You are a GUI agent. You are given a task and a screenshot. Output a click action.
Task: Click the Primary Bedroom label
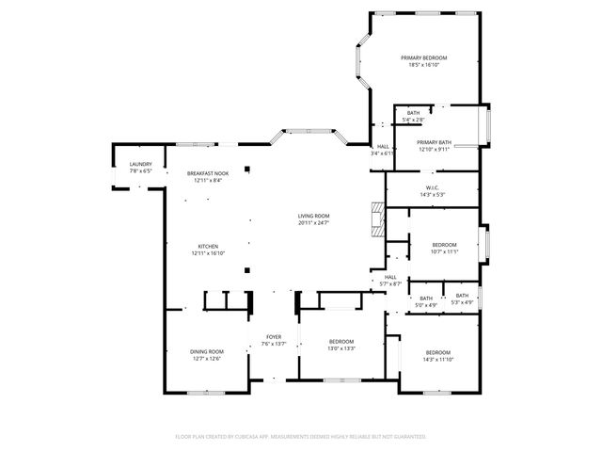423,58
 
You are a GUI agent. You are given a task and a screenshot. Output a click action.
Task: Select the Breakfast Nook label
208,173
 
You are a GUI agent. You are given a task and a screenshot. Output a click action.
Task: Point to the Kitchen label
208,247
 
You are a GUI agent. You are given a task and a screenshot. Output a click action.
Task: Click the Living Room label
313,217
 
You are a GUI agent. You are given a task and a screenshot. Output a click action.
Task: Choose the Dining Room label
208,351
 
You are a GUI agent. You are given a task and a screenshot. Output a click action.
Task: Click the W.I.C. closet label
433,187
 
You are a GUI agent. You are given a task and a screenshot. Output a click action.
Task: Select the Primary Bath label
434,142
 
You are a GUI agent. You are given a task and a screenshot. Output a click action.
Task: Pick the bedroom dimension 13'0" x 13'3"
341,347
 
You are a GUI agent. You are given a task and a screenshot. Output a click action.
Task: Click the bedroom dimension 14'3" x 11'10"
437,360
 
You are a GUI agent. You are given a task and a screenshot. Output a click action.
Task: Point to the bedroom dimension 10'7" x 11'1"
443,251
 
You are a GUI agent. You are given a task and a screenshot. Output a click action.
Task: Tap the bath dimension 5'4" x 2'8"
413,120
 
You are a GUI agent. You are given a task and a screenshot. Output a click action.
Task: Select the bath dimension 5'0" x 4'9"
426,305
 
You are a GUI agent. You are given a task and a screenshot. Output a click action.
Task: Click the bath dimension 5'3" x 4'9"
462,302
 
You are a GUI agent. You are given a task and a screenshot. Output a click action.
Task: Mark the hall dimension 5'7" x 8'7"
390,283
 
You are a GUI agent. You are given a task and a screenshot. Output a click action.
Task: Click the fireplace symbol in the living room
376,218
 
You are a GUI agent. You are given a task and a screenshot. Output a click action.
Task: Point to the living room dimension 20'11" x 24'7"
313,223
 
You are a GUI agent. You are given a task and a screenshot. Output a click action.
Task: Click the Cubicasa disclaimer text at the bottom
301,437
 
